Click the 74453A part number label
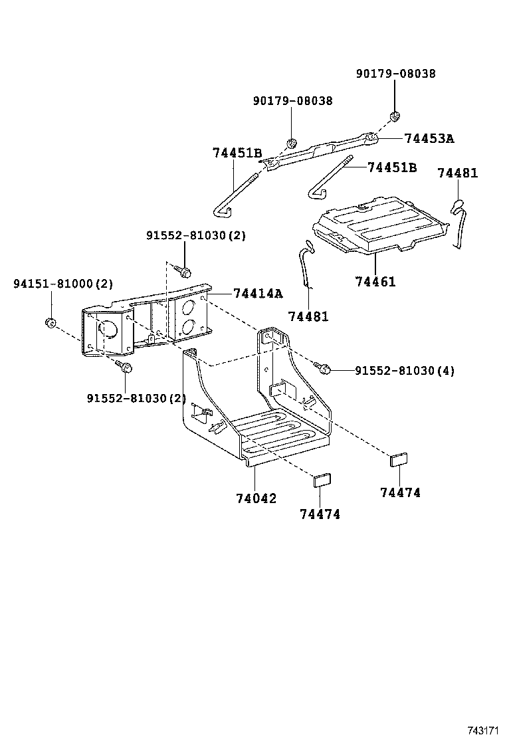point(429,139)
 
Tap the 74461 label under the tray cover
point(375,282)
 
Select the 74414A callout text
point(257,294)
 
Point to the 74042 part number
point(255,498)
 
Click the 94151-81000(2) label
point(63,284)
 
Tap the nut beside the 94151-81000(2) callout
point(49,324)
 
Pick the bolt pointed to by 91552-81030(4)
point(324,368)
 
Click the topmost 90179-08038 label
point(395,74)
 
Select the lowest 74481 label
point(308,316)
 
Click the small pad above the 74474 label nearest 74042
point(322,480)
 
